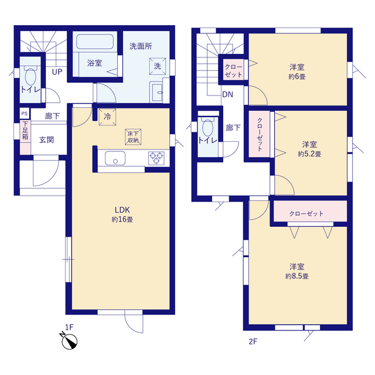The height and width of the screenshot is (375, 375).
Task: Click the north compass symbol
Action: pos(69,340)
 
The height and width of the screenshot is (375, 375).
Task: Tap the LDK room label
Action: pos(122,210)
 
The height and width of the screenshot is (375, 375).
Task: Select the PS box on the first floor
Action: pos(25,113)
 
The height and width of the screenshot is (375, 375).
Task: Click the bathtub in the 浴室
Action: pos(95,42)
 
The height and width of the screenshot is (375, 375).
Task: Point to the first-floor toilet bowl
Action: pos(30,76)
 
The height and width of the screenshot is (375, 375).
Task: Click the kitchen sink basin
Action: pos(115,158)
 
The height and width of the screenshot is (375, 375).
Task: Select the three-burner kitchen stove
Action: pos(156,158)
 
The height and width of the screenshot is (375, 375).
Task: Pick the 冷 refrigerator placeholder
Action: pos(107,117)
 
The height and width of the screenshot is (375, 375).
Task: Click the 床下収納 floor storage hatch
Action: pos(133,137)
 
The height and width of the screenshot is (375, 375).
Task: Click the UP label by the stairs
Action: pos(57,71)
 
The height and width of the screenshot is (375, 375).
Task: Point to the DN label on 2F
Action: pos(227,95)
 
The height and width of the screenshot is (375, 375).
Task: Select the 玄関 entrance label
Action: pos(47,140)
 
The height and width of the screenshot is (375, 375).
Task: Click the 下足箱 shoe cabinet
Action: pos(25,137)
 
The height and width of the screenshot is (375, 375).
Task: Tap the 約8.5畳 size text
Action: pos(297,276)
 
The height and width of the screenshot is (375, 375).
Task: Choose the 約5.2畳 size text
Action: pos(309,154)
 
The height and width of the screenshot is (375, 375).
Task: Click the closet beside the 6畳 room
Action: pos(233,70)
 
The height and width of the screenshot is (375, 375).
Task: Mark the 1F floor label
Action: pos(69,327)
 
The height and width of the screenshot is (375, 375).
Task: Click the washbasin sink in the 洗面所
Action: pos(157,92)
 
